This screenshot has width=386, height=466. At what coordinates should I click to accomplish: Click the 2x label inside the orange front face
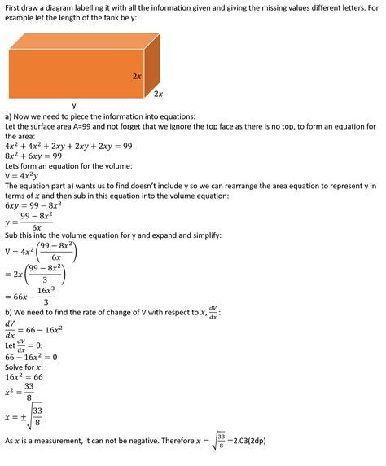[138, 77]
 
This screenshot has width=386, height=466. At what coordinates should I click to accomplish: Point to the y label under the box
[74, 105]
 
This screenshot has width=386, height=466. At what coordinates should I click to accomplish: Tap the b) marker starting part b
[9, 311]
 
